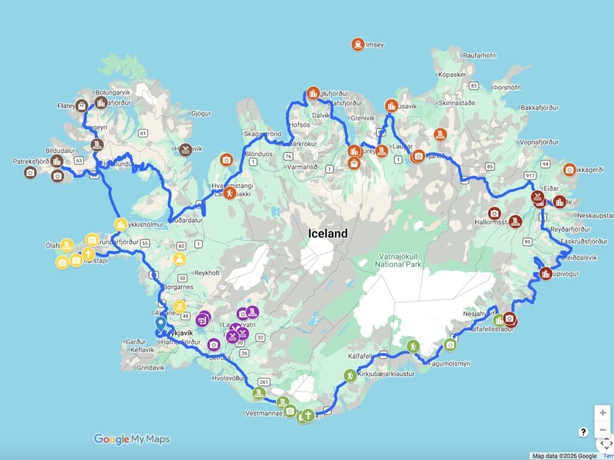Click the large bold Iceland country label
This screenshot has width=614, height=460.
tap(328, 234)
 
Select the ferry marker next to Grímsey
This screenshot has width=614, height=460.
tap(357, 44)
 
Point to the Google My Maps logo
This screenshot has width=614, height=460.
tap(132, 439)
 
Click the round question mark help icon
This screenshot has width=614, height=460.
tap(583, 432)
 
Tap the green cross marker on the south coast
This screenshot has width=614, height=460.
tap(308, 416)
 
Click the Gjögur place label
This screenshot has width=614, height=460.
tap(200, 113)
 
